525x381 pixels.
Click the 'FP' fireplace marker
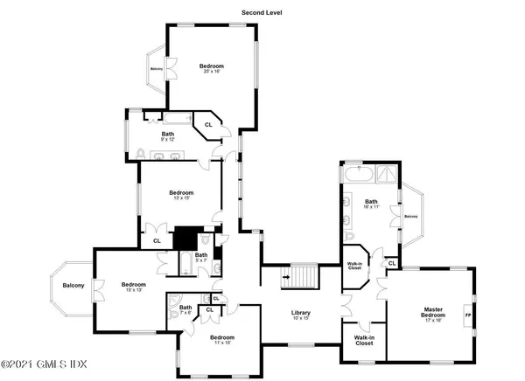point(468,315)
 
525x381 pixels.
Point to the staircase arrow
point(285,279)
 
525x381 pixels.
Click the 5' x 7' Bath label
point(200,257)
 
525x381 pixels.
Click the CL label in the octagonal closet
point(208,125)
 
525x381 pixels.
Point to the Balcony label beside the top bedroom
point(157,68)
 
